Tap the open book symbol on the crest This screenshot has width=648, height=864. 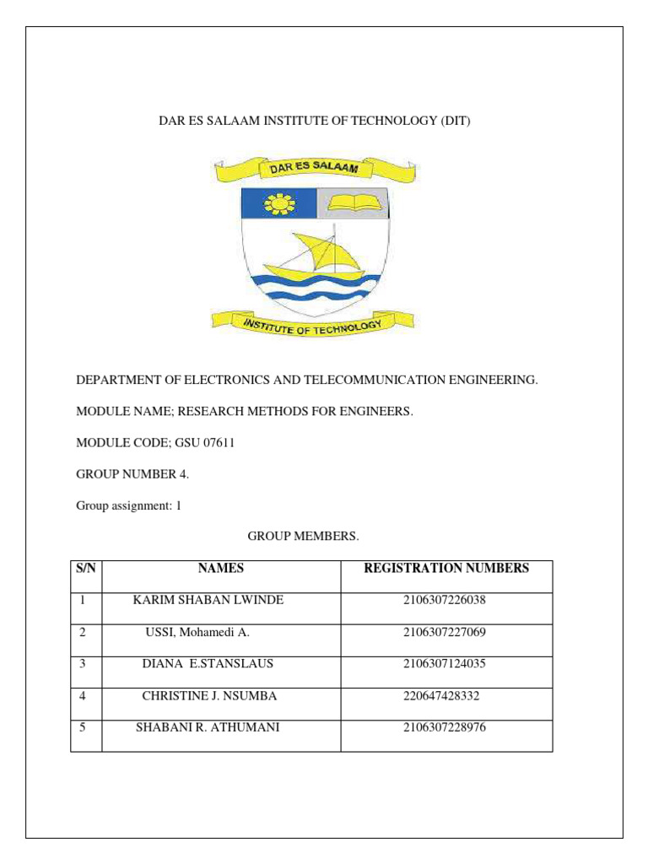pyautogui.click(x=354, y=202)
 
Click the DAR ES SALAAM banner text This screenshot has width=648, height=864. pyautogui.click(x=314, y=169)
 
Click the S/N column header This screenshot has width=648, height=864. pyautogui.click(x=86, y=569)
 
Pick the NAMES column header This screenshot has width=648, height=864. pyautogui.click(x=221, y=569)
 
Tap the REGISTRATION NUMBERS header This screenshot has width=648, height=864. pyautogui.click(x=446, y=569)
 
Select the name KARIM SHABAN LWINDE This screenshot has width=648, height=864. pyautogui.click(x=208, y=600)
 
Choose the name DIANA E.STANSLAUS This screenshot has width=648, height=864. pyautogui.click(x=208, y=664)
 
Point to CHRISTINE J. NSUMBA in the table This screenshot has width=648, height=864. pyautogui.click(x=209, y=696)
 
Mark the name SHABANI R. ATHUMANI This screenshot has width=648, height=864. pyautogui.click(x=208, y=727)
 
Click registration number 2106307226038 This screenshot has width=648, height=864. pyautogui.click(x=445, y=600)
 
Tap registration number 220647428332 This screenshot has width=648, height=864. pyautogui.click(x=445, y=696)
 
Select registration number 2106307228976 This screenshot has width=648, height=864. pyautogui.click(x=445, y=727)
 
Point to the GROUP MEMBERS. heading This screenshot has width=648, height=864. pyautogui.click(x=303, y=537)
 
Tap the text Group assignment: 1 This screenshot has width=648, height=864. pyautogui.click(x=129, y=506)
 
